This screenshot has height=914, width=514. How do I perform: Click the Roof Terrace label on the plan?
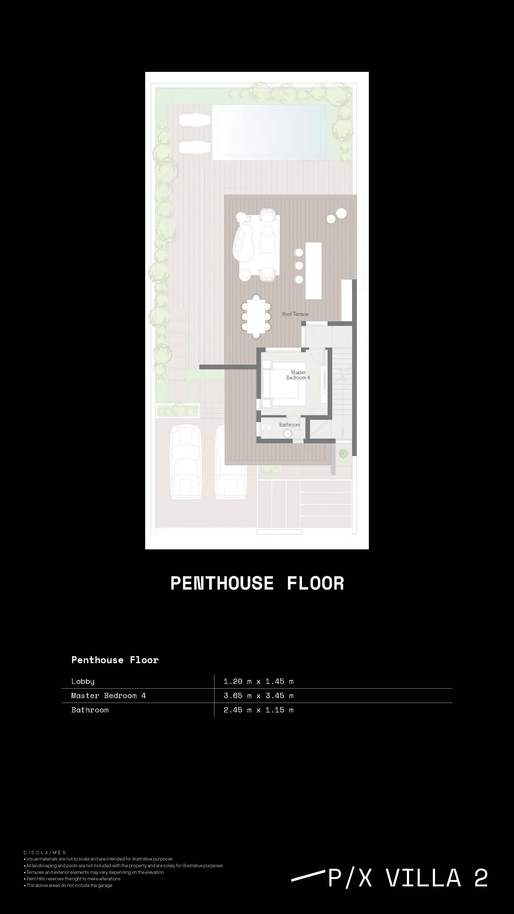[295, 314]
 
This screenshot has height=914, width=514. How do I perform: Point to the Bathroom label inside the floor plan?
[289, 425]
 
